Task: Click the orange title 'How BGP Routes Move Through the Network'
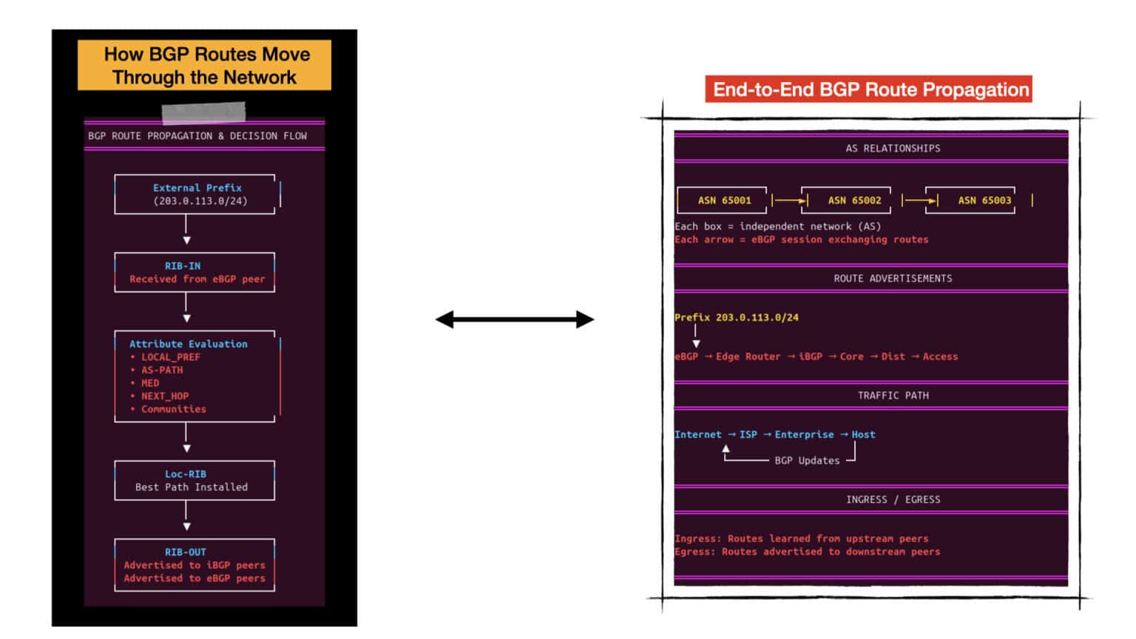point(204,65)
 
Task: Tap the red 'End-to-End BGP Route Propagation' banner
point(869,89)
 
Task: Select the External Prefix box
point(195,195)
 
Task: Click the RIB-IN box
point(195,272)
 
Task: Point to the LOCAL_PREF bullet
point(166,357)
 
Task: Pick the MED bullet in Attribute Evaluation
point(145,383)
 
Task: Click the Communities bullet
point(169,409)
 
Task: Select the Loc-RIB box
point(195,480)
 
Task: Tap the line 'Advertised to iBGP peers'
point(195,565)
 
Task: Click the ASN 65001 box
point(722,200)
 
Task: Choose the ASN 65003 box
point(970,200)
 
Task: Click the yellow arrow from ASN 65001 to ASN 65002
point(790,200)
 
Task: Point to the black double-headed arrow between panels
point(515,319)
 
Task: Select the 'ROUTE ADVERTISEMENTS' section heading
point(893,278)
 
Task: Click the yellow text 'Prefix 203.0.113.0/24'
point(737,317)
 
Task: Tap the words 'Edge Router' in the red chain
point(748,356)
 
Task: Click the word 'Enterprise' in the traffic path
point(805,435)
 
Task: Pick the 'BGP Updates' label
point(807,461)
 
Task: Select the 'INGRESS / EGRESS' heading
point(893,499)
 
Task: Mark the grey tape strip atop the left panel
point(204,112)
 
